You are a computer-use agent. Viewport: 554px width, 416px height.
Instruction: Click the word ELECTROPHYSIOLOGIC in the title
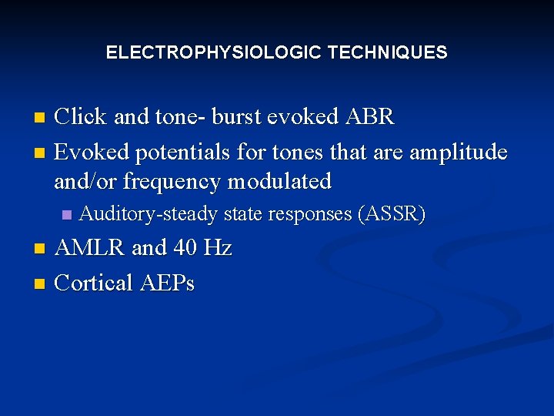[214, 53]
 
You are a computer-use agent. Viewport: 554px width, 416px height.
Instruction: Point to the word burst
[230, 117]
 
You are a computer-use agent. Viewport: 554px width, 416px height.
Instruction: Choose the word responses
[313, 214]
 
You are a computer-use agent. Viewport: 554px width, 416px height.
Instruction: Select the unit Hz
[218, 248]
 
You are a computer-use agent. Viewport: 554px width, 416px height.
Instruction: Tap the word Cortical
[94, 283]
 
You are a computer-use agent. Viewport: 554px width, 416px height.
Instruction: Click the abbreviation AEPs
[168, 283]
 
